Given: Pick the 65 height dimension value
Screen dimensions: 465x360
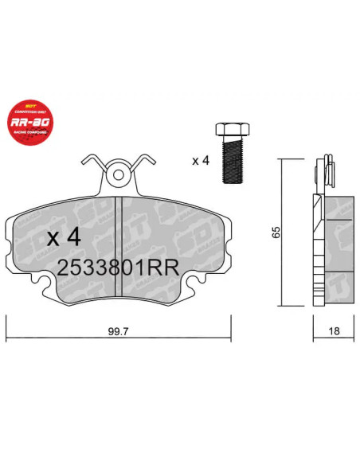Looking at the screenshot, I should click(276, 232).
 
